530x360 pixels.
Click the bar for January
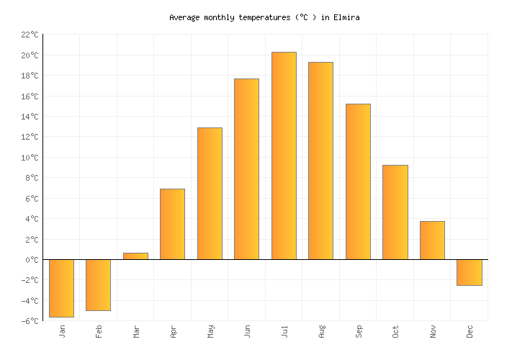[61, 288]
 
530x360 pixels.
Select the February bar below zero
[98, 285]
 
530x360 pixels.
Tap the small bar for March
[135, 256]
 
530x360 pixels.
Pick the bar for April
[172, 224]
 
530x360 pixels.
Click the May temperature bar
[210, 193]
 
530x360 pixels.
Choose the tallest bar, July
[284, 156]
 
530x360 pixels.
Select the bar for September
[358, 181]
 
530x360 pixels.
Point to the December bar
[470, 272]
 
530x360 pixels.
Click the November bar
[432, 240]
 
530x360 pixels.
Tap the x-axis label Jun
[247, 331]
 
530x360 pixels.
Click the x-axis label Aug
[321, 331]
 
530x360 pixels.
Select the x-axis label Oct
[395, 331]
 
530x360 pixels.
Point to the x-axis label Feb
[99, 331]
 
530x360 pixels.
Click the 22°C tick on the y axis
[30, 35]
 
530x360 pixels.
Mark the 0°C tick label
[32, 260]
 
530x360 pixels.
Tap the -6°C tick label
[30, 321]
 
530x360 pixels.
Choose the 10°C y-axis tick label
[30, 158]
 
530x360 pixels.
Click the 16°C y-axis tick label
[30, 96]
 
